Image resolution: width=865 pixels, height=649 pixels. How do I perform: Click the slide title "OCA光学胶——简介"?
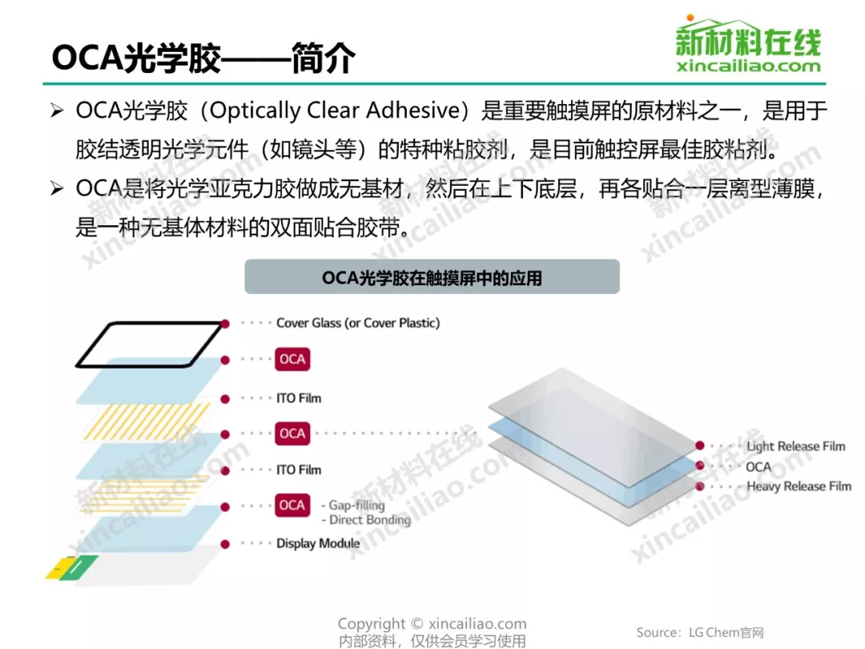(x=203, y=58)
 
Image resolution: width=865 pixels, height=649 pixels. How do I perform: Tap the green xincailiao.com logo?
(x=749, y=44)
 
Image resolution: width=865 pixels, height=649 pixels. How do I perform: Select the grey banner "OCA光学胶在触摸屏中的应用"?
(x=432, y=276)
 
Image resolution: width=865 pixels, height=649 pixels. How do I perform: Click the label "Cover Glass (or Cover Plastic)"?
(x=358, y=323)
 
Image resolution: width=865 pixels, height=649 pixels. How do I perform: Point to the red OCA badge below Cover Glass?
(x=292, y=359)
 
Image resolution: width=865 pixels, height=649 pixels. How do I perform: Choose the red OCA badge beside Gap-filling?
(x=292, y=505)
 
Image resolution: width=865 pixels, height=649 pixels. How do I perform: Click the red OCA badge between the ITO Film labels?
(x=292, y=433)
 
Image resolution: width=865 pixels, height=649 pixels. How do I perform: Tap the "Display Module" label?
(x=318, y=543)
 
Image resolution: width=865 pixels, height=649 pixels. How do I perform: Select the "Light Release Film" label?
(x=795, y=446)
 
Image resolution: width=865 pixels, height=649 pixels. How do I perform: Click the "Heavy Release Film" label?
(x=799, y=486)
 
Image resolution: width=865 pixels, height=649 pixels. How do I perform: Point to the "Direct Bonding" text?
(x=370, y=520)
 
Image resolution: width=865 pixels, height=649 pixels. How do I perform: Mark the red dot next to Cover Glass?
(x=225, y=324)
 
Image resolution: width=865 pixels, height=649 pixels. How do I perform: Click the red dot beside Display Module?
(x=225, y=544)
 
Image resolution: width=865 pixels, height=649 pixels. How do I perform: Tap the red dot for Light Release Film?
(x=700, y=445)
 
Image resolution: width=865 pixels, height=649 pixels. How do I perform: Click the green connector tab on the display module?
(x=78, y=567)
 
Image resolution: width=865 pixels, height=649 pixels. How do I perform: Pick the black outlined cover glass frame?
(x=150, y=345)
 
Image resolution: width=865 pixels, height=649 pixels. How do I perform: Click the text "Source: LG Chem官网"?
(x=700, y=632)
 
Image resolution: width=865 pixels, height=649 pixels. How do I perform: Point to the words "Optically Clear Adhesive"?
(x=335, y=111)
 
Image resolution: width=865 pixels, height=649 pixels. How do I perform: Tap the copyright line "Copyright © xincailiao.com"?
(x=432, y=623)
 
